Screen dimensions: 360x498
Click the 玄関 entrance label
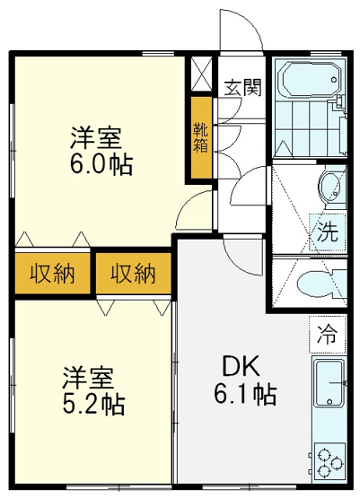(x=242, y=87)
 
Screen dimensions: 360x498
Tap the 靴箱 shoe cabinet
(x=201, y=137)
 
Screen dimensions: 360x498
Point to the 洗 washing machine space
(x=328, y=232)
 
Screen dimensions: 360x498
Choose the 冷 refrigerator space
(x=328, y=335)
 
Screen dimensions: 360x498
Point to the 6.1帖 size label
(x=245, y=394)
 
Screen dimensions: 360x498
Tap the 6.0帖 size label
(x=101, y=164)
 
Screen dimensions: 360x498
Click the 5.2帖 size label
(x=93, y=404)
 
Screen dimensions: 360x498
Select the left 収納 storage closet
(x=53, y=273)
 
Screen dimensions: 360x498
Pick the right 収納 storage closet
(x=134, y=273)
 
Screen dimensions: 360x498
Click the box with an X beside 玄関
(x=201, y=74)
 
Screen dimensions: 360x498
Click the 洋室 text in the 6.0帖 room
(x=96, y=137)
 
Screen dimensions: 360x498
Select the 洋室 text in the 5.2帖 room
(x=88, y=377)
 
